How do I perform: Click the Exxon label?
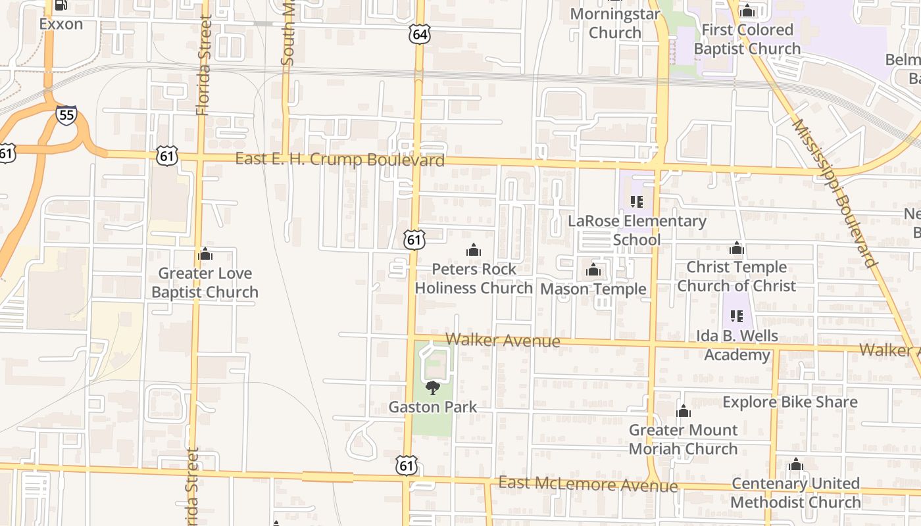pyautogui.click(x=61, y=24)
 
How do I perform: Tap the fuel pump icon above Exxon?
pyautogui.click(x=61, y=5)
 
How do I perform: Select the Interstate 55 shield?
pyautogui.click(x=66, y=116)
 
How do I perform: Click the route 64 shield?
pyautogui.click(x=419, y=35)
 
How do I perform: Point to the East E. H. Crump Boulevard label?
pyautogui.click(x=339, y=160)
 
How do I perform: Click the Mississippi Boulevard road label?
pyautogui.click(x=835, y=193)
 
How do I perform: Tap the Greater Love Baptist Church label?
pyautogui.click(x=205, y=283)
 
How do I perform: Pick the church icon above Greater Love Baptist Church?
pyautogui.click(x=205, y=254)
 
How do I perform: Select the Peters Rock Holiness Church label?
pyautogui.click(x=474, y=278)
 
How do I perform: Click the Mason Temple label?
pyautogui.click(x=593, y=289)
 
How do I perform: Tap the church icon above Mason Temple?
pyautogui.click(x=593, y=270)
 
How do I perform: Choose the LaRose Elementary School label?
pyautogui.click(x=637, y=230)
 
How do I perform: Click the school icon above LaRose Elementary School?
pyautogui.click(x=636, y=202)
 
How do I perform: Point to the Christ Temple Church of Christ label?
pyautogui.click(x=736, y=276)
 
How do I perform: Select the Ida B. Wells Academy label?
pyautogui.click(x=737, y=345)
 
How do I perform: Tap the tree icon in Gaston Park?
pyautogui.click(x=432, y=388)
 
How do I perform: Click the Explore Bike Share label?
pyautogui.click(x=790, y=402)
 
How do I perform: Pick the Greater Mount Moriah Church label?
pyautogui.click(x=684, y=439)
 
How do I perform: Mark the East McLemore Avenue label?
pyautogui.click(x=587, y=485)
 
